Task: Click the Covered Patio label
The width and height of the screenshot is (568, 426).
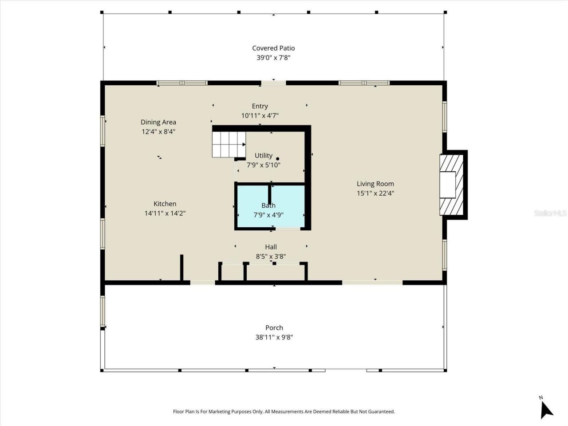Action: coord(273,48)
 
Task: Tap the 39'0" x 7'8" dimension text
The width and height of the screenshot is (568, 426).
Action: coord(273,58)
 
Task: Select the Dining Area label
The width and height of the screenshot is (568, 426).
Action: coord(158,122)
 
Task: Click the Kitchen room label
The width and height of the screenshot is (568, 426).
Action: coord(165,204)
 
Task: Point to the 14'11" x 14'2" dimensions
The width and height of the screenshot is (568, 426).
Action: coord(165,213)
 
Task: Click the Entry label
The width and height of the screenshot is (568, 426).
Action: coord(260,106)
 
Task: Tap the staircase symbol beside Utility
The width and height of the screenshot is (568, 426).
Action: coord(228,144)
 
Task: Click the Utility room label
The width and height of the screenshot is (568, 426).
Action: coord(264,155)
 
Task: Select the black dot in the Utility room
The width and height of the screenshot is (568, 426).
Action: coord(278,158)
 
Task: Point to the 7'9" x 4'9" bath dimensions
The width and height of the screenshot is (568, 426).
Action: coord(268,215)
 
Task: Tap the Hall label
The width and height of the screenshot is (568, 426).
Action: coord(271,247)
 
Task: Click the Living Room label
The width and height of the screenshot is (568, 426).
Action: coord(375,184)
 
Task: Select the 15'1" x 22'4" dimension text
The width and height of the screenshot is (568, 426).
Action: coord(375,193)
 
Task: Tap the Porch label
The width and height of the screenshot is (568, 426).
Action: coord(274,327)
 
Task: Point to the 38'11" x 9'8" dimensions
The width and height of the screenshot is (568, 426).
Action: coord(274,337)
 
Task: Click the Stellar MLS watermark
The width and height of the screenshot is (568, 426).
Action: coord(550,213)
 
